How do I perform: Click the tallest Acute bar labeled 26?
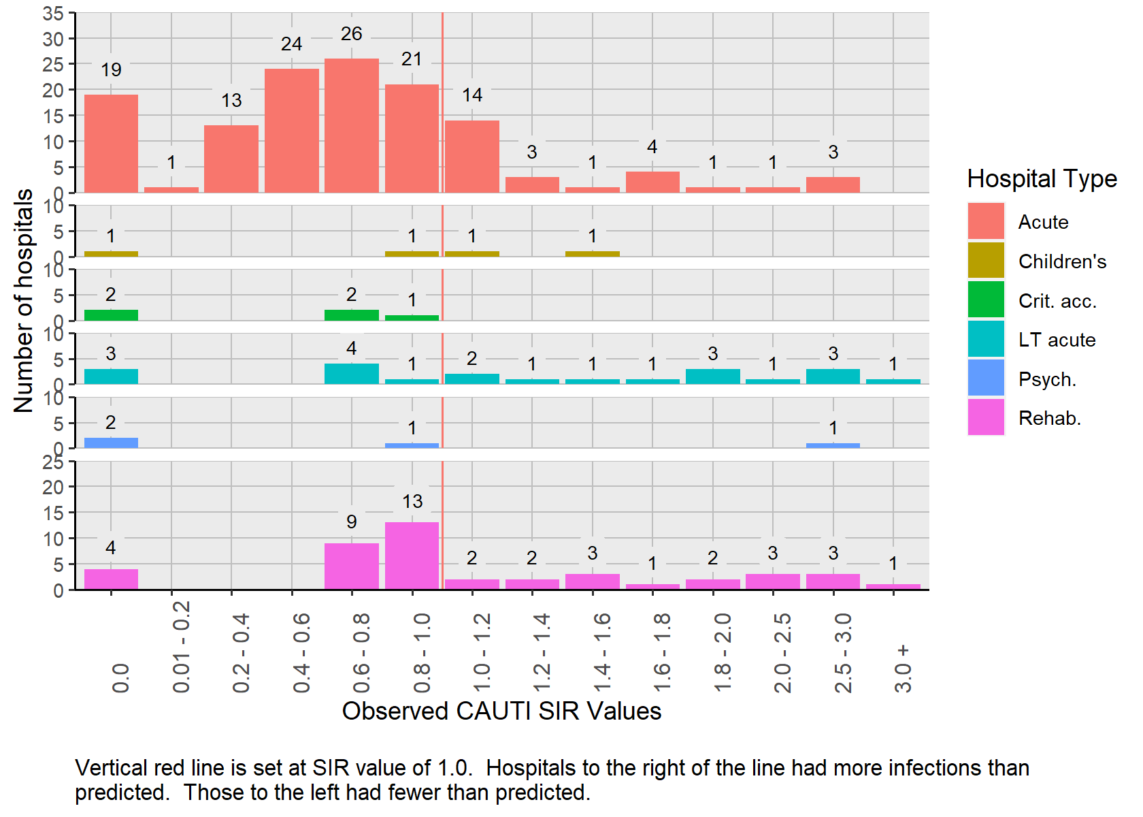point(352,126)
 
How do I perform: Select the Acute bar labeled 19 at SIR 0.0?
point(111,144)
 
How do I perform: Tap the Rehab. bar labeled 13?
point(412,556)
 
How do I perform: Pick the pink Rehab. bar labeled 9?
point(352,566)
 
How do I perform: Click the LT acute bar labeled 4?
point(352,374)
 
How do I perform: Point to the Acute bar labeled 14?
point(472,157)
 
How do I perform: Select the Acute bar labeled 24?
point(291,131)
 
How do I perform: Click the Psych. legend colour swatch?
point(986,378)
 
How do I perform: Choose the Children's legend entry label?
point(1062,261)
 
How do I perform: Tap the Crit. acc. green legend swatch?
point(986,300)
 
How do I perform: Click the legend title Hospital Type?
point(1042,179)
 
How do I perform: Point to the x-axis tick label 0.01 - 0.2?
point(181,647)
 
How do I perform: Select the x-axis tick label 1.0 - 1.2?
point(481,652)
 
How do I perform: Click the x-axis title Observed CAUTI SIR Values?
point(501,711)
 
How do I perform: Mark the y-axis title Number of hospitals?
point(24,300)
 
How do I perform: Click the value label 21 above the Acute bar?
point(412,59)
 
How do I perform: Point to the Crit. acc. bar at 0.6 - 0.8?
point(352,315)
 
